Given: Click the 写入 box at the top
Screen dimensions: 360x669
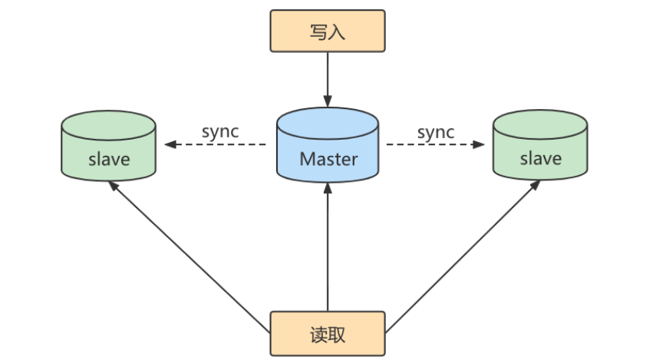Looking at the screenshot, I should click(328, 32).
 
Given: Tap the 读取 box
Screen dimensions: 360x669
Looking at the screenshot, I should click(328, 334).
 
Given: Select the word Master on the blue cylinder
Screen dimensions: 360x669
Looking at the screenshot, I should click(328, 159).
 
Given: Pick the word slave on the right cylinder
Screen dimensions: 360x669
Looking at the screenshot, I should click(540, 159).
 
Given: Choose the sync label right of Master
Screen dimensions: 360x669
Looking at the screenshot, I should click(436, 132).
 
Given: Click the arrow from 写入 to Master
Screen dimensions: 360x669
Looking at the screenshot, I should click(328, 77).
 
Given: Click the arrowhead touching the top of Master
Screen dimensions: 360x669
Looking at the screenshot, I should click(328, 101).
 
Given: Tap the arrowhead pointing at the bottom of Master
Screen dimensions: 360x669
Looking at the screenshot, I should click(328, 189).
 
